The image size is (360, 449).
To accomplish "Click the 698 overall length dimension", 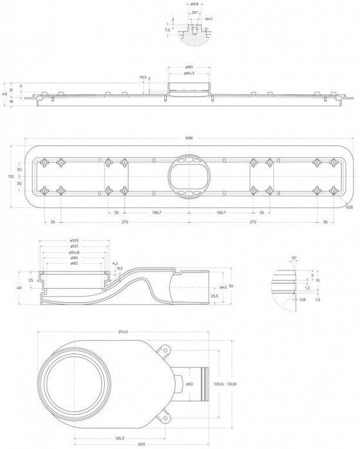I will pyautogui.click(x=189, y=137).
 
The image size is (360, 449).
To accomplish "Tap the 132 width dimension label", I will pyautogui.click(x=10, y=175).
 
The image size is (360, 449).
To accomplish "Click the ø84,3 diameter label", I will pyautogui.click(x=189, y=73).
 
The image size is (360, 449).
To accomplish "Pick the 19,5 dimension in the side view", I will pyautogui.click(x=142, y=78).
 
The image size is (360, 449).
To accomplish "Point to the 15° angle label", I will pyautogui.click(x=295, y=258).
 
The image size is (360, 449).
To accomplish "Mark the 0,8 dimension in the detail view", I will pyautogui.click(x=304, y=299).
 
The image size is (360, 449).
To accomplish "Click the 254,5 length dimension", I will pyautogui.click(x=124, y=331).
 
